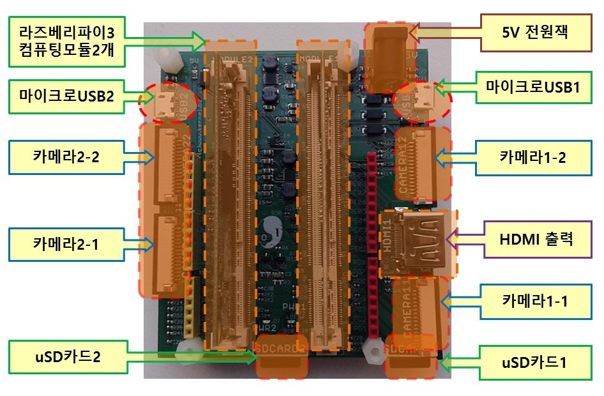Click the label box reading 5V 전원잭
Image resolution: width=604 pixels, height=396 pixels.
(536, 31)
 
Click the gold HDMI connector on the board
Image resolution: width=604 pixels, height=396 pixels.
(419, 243)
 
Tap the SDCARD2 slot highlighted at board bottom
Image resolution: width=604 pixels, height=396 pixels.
(281, 362)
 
